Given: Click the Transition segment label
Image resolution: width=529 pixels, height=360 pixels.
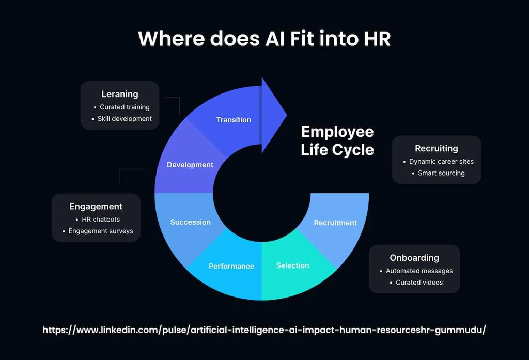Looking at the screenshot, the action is click(x=234, y=120).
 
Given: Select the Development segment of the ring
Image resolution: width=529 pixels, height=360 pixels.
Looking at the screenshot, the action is click(x=190, y=165).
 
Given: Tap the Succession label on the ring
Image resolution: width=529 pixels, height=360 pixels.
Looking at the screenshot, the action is click(x=191, y=222).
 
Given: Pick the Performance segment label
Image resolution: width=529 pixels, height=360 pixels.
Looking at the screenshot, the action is click(x=231, y=266).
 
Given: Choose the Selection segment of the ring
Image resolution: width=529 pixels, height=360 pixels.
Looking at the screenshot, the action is click(x=292, y=265).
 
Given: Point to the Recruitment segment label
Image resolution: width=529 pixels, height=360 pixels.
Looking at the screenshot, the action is click(x=335, y=223).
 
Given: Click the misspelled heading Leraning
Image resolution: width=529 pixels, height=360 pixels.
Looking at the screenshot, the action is click(x=120, y=94).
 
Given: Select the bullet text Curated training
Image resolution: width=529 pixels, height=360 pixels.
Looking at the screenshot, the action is click(x=125, y=107).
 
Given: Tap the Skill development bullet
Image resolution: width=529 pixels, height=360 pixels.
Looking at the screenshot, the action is click(x=125, y=119).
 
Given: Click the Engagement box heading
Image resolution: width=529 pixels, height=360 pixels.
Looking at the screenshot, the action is click(x=96, y=206).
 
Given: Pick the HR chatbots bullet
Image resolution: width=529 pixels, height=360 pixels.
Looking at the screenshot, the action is click(x=101, y=220).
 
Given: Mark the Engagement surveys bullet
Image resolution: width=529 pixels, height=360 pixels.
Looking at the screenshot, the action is click(x=101, y=231).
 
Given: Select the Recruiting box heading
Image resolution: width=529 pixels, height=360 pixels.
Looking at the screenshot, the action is click(x=437, y=148).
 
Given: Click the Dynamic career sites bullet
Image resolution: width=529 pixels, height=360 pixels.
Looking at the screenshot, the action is click(x=441, y=162).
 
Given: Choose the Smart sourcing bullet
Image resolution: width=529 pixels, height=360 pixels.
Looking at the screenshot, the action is click(x=441, y=173).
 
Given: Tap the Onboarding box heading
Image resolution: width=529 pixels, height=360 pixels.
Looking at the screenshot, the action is click(x=414, y=258).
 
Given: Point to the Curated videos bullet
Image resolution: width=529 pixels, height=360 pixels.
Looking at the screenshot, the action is click(x=419, y=283).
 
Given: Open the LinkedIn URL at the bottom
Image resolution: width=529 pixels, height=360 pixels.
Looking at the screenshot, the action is click(x=264, y=330).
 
